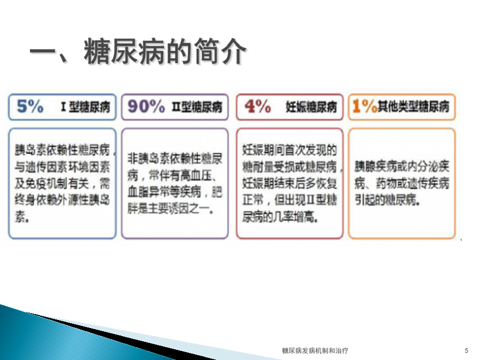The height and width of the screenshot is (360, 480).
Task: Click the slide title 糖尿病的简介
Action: coord(165,51)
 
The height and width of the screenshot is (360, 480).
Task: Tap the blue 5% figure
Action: coord(30,106)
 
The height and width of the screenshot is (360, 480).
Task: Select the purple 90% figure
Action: coord(146,106)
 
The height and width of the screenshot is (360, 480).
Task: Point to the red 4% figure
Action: coord(258,106)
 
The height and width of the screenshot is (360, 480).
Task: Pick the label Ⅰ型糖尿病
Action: coord(85,107)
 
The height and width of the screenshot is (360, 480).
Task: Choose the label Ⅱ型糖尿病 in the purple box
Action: coord(197,107)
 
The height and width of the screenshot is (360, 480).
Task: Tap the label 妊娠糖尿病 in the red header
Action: coord(311,107)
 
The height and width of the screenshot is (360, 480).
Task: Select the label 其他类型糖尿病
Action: coord(413,107)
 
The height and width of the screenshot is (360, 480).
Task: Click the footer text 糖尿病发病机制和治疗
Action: coord(315,350)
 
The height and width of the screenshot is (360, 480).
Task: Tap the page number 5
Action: coord(466,350)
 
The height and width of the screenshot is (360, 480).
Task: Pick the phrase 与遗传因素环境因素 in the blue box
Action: coord(62,167)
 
